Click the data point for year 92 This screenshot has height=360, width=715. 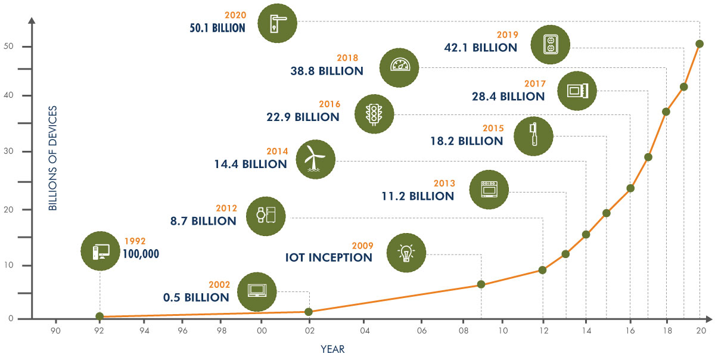coord(100,316)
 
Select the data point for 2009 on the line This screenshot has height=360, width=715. coord(481,284)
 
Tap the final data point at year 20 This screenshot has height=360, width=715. coord(700,44)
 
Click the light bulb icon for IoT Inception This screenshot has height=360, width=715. coord(406,252)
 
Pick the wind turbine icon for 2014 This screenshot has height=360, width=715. coord(315,160)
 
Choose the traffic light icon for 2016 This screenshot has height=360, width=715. coord(374,113)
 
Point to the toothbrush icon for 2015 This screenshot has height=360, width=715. coord(533,136)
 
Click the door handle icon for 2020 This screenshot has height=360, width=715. coord(277,23)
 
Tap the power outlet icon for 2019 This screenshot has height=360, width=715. coord(550,44)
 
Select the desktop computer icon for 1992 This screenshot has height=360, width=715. coord(100,252)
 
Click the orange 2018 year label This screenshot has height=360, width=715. coord(347,58)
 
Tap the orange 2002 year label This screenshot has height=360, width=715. coord(219,285)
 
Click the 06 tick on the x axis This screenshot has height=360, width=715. coord(422,330)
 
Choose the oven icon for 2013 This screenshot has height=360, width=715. coord(489,189)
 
